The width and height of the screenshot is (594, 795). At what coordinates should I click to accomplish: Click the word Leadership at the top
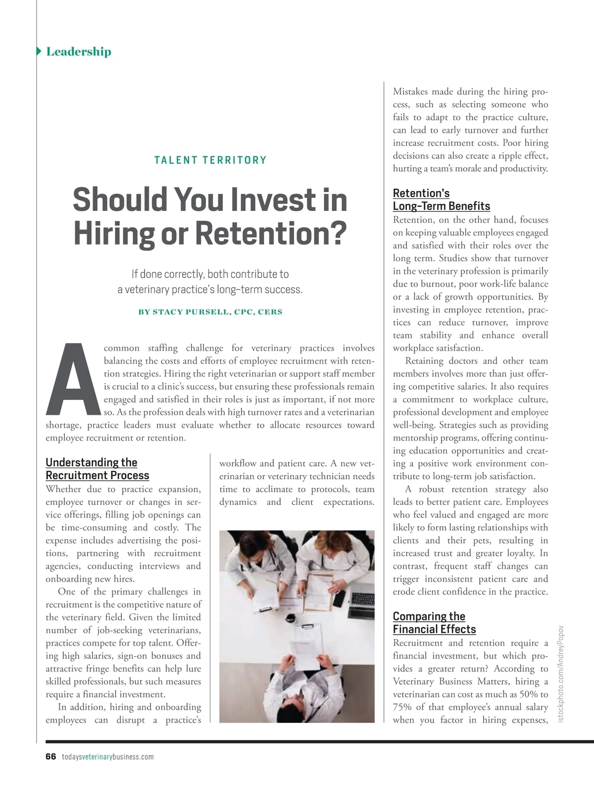[x=79, y=51]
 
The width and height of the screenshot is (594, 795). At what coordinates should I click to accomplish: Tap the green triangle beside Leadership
[x=39, y=51]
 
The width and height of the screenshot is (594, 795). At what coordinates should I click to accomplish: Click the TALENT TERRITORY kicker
[x=210, y=160]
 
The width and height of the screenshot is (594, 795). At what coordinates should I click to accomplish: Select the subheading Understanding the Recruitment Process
[x=97, y=469]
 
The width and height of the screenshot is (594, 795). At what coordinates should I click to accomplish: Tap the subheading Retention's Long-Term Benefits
[x=441, y=199]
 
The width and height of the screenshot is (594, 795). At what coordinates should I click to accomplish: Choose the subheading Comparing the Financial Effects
[x=434, y=623]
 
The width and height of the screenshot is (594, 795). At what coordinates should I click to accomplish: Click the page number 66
[x=50, y=756]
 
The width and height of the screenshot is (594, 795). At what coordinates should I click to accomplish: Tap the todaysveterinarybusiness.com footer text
[x=108, y=756]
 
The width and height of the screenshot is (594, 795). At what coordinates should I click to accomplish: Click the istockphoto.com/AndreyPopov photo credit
[x=561, y=673]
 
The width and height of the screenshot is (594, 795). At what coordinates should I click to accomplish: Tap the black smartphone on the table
[x=339, y=598]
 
